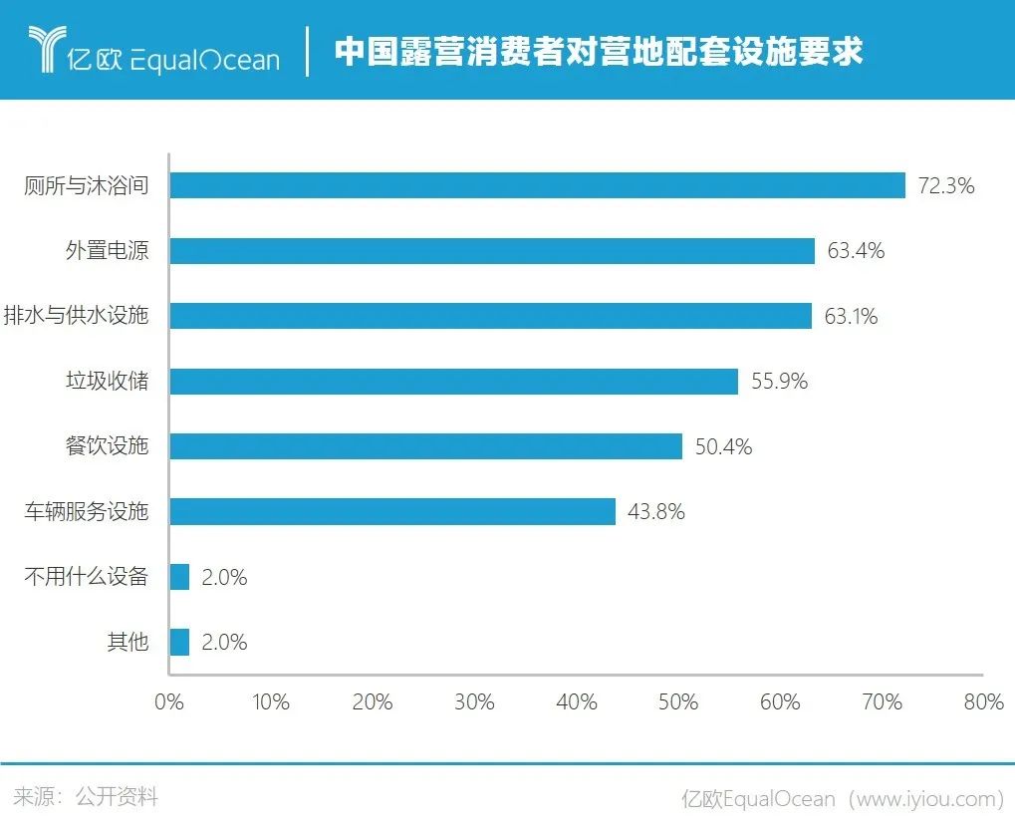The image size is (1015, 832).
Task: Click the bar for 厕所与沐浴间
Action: (x=537, y=185)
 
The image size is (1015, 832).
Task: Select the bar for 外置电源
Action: (x=492, y=251)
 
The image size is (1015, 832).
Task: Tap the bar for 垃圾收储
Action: (x=453, y=382)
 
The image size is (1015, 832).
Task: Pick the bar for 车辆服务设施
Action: (x=392, y=512)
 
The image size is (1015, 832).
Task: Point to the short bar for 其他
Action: (x=179, y=643)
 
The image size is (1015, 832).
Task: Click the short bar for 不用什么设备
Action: (x=179, y=577)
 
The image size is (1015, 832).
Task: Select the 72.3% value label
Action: (x=945, y=186)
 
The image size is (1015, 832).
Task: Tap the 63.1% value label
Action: (x=851, y=317)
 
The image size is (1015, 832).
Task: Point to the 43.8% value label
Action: (x=656, y=512)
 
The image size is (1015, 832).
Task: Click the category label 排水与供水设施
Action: (x=77, y=316)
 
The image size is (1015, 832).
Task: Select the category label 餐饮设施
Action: (x=107, y=446)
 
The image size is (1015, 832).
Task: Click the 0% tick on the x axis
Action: (x=169, y=702)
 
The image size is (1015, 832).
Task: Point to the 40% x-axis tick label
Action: (x=577, y=702)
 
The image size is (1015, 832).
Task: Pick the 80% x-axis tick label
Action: (x=983, y=702)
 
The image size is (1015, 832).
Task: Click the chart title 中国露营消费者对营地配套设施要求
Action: (x=598, y=52)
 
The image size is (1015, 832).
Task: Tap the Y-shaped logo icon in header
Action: (x=44, y=50)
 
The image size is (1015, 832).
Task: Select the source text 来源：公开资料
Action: (x=86, y=797)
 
